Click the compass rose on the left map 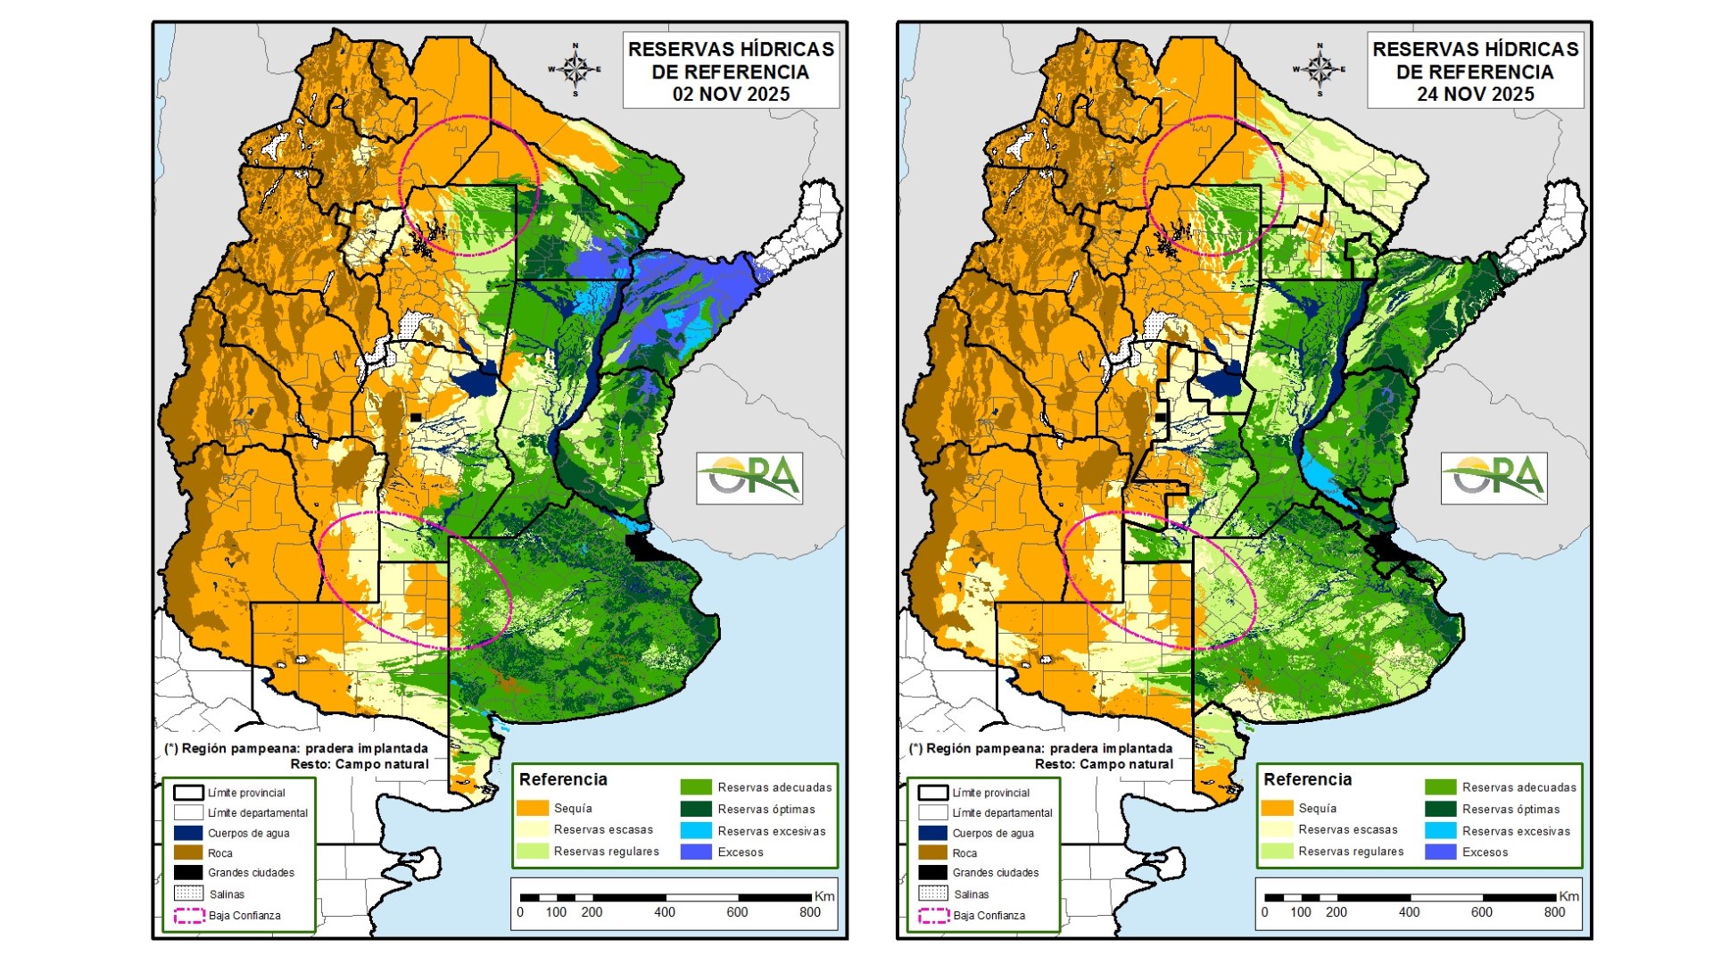pyautogui.click(x=575, y=69)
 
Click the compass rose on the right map pyautogui.click(x=1319, y=69)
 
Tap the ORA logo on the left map pyautogui.click(x=749, y=478)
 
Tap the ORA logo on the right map pyautogui.click(x=1494, y=478)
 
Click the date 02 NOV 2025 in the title pyautogui.click(x=731, y=95)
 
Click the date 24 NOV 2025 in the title pyautogui.click(x=1475, y=95)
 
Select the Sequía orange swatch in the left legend pyautogui.click(x=532, y=808)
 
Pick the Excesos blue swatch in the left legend pyautogui.click(x=695, y=852)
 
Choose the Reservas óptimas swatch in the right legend pyautogui.click(x=1440, y=809)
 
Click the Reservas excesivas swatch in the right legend pyautogui.click(x=1440, y=831)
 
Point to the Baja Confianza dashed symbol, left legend pyautogui.click(x=188, y=916)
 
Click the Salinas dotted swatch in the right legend pyautogui.click(x=933, y=893)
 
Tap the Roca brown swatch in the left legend pyautogui.click(x=188, y=852)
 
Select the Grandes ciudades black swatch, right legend pyautogui.click(x=933, y=872)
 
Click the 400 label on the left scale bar pyautogui.click(x=664, y=912)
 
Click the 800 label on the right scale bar pyautogui.click(x=1554, y=912)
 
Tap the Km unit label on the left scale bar pyautogui.click(x=824, y=896)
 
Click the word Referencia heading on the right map pyautogui.click(x=1307, y=779)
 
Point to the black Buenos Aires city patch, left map pyautogui.click(x=641, y=547)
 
